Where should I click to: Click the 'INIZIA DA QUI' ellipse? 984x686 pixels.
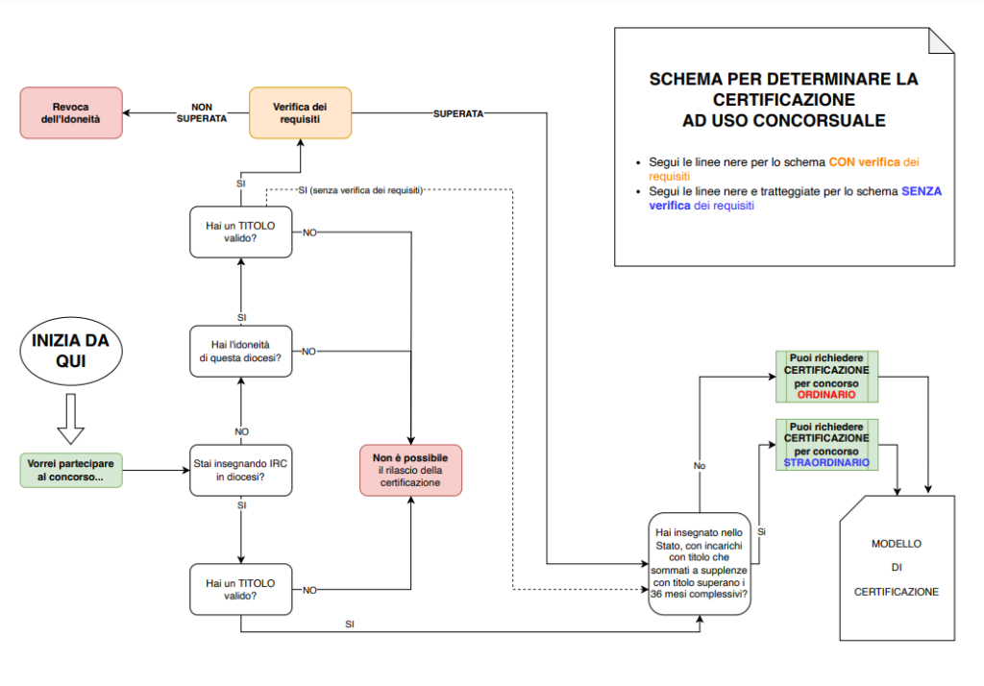(x=71, y=351)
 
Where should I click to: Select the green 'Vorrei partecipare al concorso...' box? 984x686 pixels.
(x=71, y=470)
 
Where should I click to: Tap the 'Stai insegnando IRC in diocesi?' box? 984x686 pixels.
(x=240, y=470)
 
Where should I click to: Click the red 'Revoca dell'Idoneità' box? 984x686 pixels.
(x=71, y=112)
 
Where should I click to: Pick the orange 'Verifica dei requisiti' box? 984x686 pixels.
(x=300, y=112)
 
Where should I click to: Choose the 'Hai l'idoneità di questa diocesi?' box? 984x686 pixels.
(x=240, y=351)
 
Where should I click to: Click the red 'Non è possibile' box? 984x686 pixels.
(x=410, y=470)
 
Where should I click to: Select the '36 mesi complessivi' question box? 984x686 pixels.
(x=699, y=561)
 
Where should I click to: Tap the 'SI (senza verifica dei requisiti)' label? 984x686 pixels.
(x=359, y=189)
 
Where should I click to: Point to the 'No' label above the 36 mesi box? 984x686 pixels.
(x=700, y=465)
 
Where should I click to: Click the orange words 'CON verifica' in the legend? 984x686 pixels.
(x=863, y=162)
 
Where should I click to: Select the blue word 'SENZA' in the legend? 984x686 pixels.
(x=921, y=191)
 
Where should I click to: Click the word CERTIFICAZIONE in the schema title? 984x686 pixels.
(x=783, y=99)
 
